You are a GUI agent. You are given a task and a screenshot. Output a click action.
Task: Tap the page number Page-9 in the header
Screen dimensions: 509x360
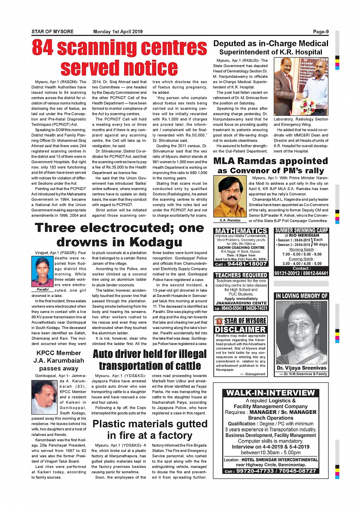[x=321, y=32]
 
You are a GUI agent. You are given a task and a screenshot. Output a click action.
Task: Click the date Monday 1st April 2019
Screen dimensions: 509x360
[x=118, y=32]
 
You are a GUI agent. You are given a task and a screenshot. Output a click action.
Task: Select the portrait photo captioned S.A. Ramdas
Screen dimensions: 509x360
[x=230, y=196]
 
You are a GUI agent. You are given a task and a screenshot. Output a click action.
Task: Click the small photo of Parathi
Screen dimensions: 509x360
[x=42, y=271]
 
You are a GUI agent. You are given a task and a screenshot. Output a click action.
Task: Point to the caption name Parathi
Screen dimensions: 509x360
[x=42, y=289]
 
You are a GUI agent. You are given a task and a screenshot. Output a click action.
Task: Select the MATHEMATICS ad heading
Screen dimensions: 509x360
[x=241, y=231]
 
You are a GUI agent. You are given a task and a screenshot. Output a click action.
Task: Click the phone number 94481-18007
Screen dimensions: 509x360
[x=246, y=264]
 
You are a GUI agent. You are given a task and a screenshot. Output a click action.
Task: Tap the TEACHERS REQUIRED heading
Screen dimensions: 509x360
[x=241, y=275]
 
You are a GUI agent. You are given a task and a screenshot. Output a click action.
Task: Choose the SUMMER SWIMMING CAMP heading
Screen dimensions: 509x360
[x=301, y=230]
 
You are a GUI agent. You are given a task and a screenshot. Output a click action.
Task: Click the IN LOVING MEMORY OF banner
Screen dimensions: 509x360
[x=301, y=296]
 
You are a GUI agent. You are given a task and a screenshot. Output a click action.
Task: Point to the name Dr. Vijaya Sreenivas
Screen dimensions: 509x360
[x=301, y=368]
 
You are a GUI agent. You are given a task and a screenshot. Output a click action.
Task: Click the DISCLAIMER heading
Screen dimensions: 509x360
[x=240, y=330]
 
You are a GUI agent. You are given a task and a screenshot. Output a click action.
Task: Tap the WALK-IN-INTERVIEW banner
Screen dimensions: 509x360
[x=270, y=393]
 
